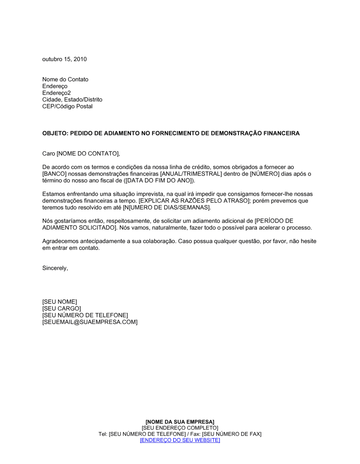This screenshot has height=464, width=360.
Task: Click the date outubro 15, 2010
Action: [x=64, y=59]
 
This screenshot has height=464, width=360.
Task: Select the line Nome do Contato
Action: [x=65, y=79]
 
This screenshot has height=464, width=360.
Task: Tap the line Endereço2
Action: [x=57, y=93]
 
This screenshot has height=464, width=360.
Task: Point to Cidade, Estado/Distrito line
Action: [x=72, y=100]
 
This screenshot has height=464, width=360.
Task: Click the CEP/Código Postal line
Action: [x=67, y=106]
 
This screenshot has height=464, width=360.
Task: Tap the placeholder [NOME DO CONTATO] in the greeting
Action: [x=88, y=154]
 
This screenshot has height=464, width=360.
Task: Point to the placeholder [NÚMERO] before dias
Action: [x=265, y=174]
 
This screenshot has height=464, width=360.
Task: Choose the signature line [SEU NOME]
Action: [x=59, y=302]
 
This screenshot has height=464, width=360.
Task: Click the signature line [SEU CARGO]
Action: [x=62, y=309]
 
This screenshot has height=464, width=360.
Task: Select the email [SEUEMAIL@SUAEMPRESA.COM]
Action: [x=90, y=322]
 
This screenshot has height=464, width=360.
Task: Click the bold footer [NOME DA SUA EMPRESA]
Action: [x=180, y=422]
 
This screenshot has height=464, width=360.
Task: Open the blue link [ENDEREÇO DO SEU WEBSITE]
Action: [x=180, y=440]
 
